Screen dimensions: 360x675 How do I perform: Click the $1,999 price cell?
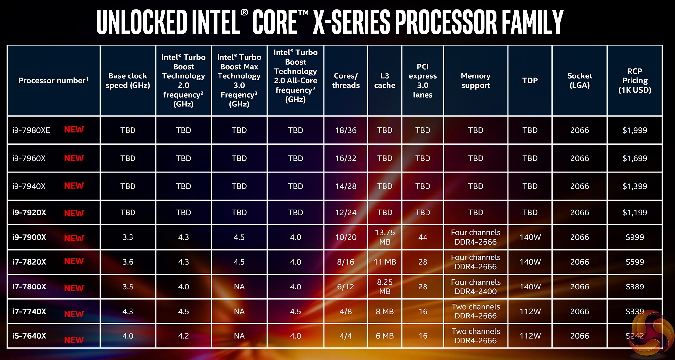tap(634, 130)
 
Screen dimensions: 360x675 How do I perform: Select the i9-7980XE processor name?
tap(31, 130)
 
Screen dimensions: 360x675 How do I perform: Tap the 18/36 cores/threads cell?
tap(346, 130)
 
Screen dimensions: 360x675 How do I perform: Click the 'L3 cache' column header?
tap(385, 81)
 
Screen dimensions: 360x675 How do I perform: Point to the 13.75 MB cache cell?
tap(385, 237)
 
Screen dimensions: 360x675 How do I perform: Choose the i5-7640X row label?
tap(29, 336)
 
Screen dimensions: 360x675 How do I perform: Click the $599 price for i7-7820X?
tap(634, 262)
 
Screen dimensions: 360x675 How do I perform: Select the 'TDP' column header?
tap(530, 81)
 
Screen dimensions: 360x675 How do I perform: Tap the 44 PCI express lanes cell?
tap(423, 237)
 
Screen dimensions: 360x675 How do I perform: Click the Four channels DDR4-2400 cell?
tap(476, 287)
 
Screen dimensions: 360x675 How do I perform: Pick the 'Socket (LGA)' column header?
tap(579, 81)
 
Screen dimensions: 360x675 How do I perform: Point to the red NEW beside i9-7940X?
tap(74, 186)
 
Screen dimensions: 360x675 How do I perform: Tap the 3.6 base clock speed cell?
tap(128, 262)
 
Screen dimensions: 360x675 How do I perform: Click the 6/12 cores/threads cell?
tap(346, 287)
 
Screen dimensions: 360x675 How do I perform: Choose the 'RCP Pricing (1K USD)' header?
tap(634, 81)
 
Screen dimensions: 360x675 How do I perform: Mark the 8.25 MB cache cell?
tap(385, 287)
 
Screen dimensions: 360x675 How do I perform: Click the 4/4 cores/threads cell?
tap(346, 336)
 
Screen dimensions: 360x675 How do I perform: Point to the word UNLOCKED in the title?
tap(142, 22)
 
